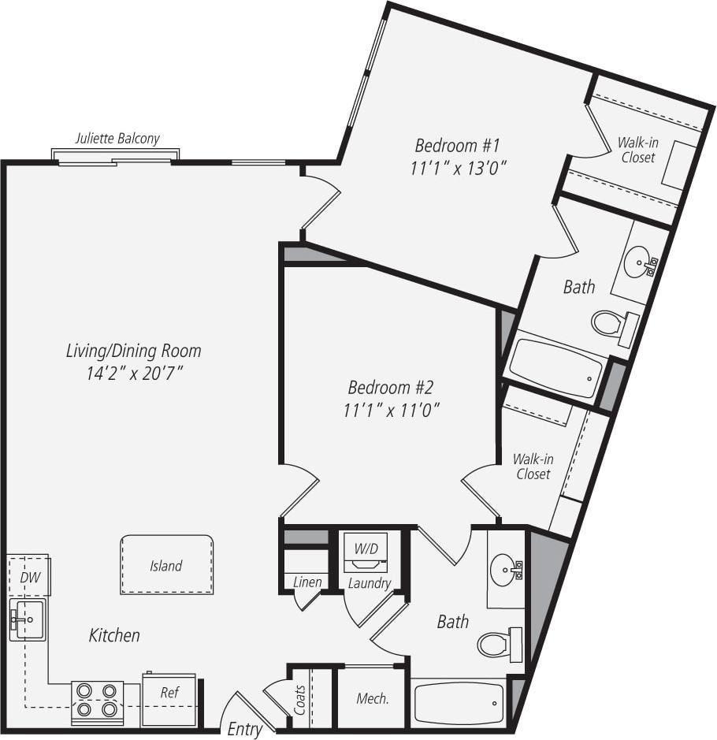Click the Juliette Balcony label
coord(117,139)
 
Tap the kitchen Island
coord(166,565)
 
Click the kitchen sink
coord(28,619)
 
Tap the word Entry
coord(244,729)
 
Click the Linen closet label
coord(306,582)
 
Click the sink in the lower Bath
coord(505,567)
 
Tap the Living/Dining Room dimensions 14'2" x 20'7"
coord(134,373)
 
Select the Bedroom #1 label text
coord(457,146)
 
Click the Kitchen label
coord(114,635)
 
